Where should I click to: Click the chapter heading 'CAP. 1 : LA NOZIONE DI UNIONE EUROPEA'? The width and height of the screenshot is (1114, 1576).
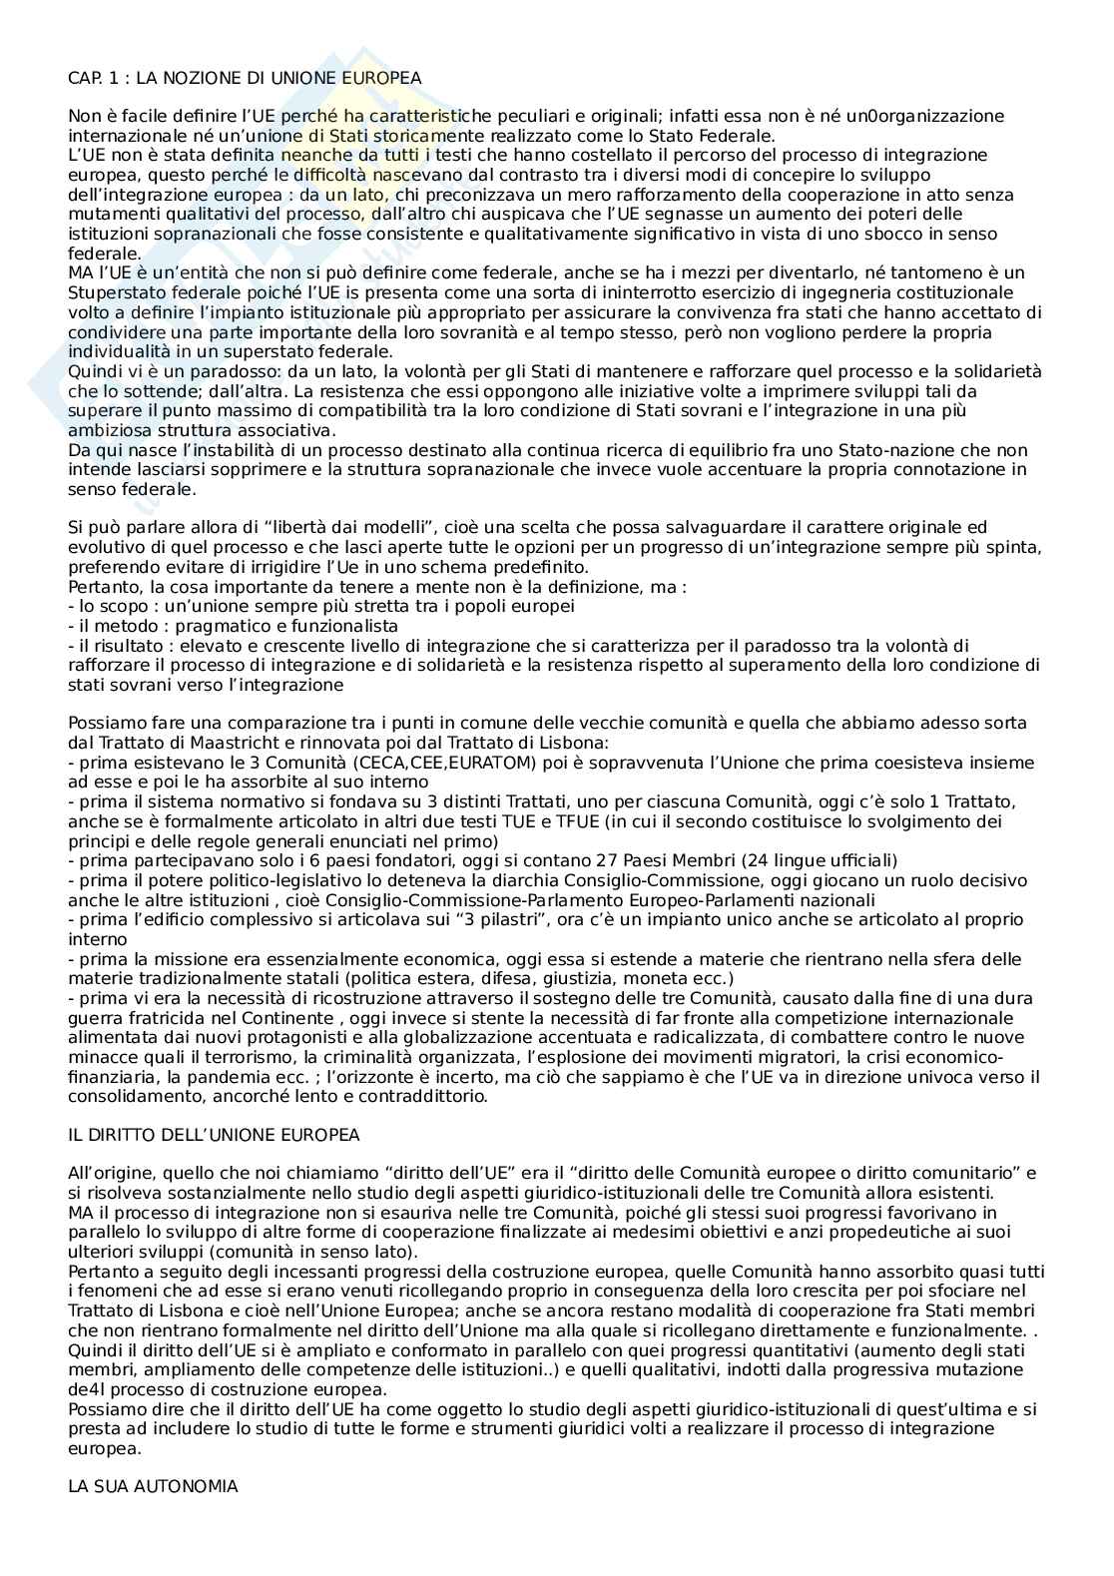[x=245, y=77]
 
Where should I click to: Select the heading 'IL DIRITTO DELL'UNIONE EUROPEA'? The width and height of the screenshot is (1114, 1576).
[x=214, y=1135]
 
